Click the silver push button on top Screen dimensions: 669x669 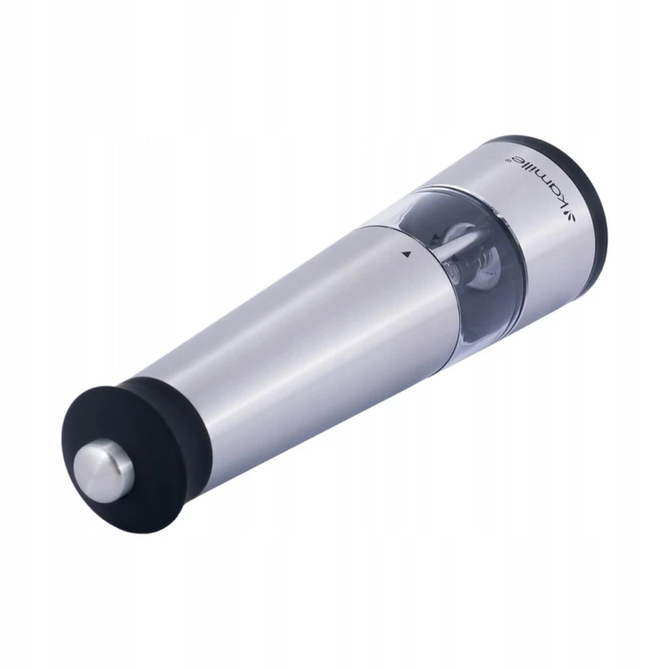coord(103,470)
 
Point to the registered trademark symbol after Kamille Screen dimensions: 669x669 coord(508,159)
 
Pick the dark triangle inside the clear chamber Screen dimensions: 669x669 coord(435,236)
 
